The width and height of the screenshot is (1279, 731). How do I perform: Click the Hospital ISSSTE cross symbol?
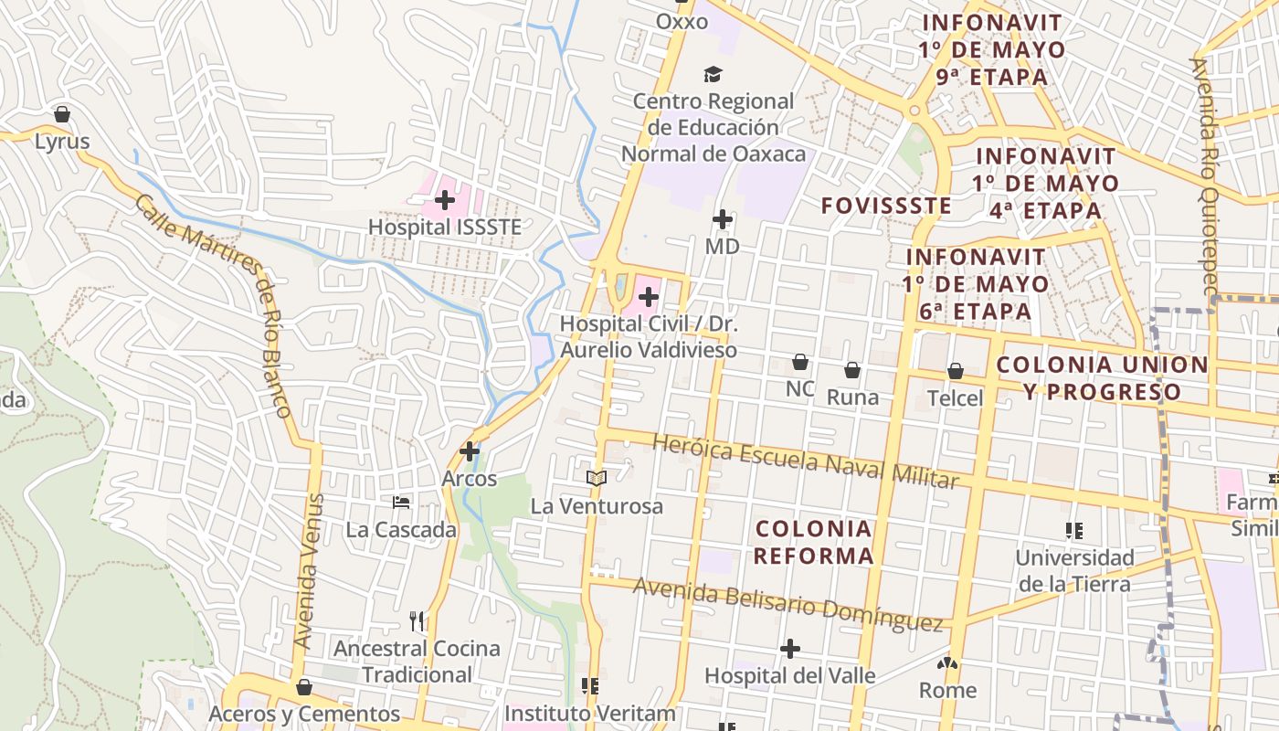pyautogui.click(x=445, y=199)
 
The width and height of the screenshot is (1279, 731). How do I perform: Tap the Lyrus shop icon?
pyautogui.click(x=62, y=114)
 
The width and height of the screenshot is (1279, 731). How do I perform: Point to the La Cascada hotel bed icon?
pyautogui.click(x=401, y=502)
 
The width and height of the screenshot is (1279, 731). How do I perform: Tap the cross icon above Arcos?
pyautogui.click(x=470, y=450)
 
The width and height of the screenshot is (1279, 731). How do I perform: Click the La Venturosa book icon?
pyautogui.click(x=597, y=477)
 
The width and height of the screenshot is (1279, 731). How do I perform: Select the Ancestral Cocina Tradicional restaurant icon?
pyautogui.click(x=417, y=621)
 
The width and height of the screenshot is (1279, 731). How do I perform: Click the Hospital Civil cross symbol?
pyautogui.click(x=649, y=297)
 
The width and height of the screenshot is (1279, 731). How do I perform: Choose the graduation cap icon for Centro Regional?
pyautogui.click(x=713, y=74)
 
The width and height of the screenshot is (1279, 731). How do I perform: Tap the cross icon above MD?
pyautogui.click(x=723, y=219)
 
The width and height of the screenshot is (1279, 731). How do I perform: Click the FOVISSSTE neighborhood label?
pyautogui.click(x=885, y=206)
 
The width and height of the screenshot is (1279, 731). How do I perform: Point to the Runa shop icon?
pyautogui.click(x=852, y=370)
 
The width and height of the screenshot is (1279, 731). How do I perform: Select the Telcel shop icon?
pyautogui.click(x=956, y=371)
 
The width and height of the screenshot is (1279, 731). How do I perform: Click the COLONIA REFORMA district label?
pyautogui.click(x=814, y=542)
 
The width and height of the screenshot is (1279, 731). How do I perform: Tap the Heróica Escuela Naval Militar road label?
pyautogui.click(x=805, y=461)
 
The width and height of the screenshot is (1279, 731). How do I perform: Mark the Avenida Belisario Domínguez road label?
pyautogui.click(x=787, y=604)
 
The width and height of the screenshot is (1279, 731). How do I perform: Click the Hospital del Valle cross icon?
pyautogui.click(x=790, y=649)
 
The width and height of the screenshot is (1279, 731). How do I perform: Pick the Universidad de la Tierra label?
pyautogui.click(x=1074, y=570)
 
